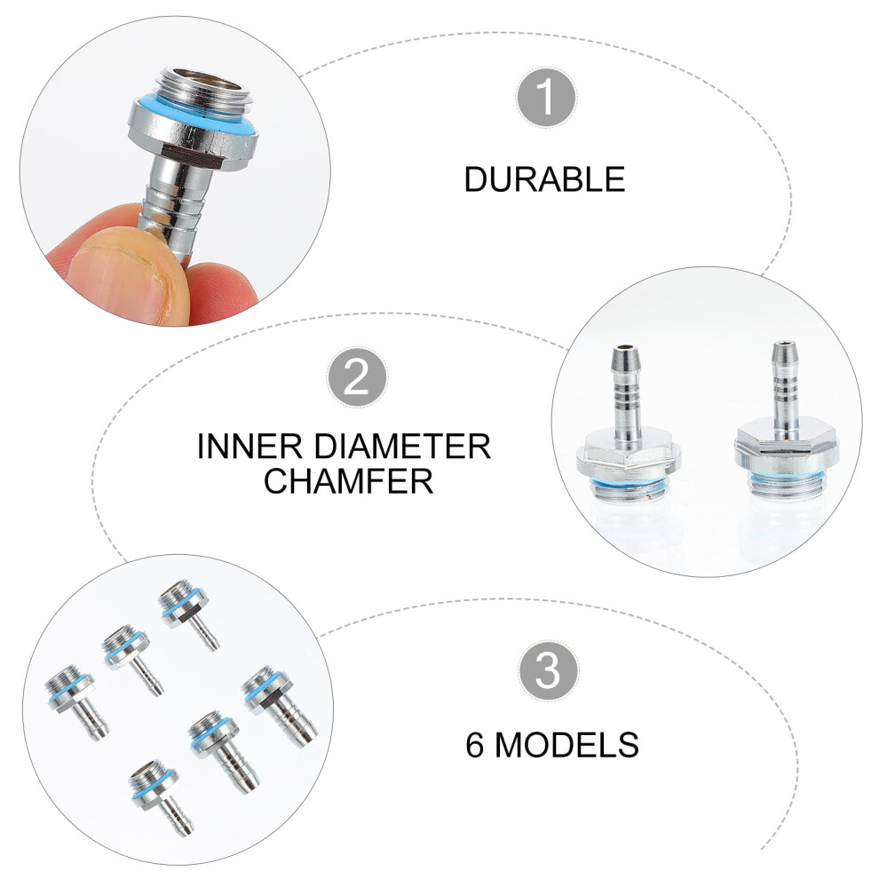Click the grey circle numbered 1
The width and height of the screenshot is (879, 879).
point(545,98)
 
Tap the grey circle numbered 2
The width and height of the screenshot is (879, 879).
point(357,376)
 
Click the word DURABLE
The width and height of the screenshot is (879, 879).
point(544,179)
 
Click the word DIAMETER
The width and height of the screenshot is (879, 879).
point(402,447)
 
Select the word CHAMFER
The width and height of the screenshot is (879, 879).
point(349,480)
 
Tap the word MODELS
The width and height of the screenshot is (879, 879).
point(566,744)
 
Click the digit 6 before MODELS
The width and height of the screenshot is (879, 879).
point(475,744)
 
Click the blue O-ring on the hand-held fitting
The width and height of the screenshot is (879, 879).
point(194,119)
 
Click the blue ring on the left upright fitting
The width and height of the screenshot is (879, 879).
point(629,485)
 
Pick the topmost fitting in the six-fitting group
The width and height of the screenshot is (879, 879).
point(188,615)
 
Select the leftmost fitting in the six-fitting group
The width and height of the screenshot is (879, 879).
point(76,701)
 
